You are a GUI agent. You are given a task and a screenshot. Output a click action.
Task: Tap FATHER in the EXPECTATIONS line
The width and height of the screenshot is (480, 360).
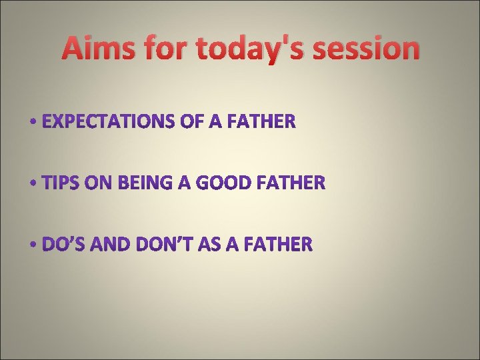click(x=261, y=122)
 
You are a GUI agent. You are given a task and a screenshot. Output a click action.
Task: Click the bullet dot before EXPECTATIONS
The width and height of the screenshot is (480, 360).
click(x=34, y=123)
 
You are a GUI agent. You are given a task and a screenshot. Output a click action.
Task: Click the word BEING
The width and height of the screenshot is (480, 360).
click(x=139, y=183)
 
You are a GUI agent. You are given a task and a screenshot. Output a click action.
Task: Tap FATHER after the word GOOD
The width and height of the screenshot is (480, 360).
click(x=292, y=183)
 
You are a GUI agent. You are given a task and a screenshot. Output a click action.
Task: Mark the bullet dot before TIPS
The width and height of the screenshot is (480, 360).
click(x=34, y=183)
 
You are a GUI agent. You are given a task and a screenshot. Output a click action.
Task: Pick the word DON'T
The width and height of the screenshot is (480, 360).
click(x=163, y=245)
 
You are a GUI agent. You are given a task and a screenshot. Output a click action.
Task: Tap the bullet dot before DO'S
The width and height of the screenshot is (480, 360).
click(x=34, y=245)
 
